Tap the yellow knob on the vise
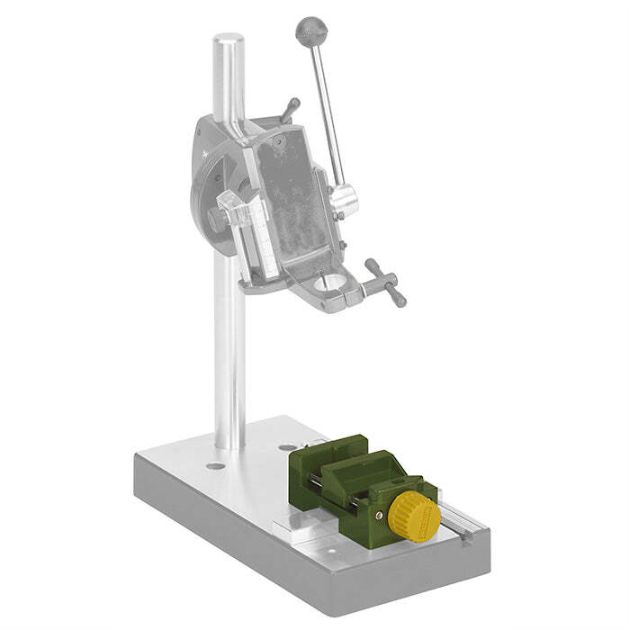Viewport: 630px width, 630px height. click(415, 513)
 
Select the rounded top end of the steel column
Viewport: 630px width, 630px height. click(229, 42)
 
